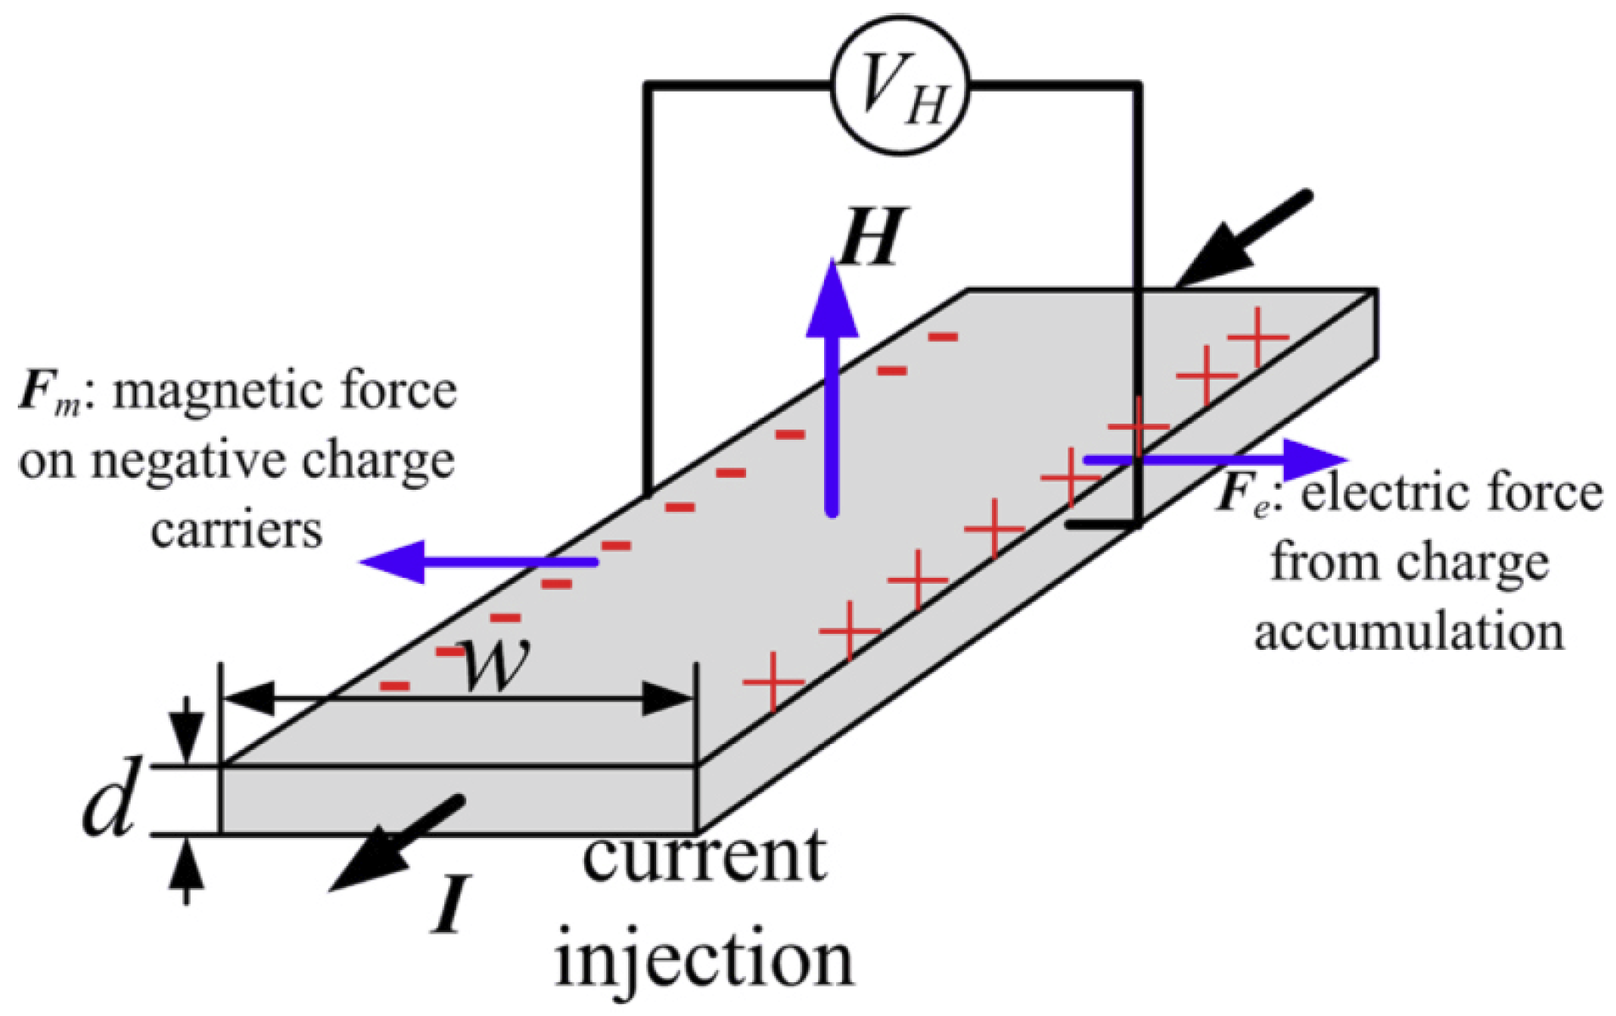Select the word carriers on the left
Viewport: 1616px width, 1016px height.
click(237, 530)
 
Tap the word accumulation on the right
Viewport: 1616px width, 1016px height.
click(1409, 632)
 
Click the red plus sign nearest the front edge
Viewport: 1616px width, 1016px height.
click(773, 681)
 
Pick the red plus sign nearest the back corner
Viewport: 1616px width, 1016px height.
click(1258, 336)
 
